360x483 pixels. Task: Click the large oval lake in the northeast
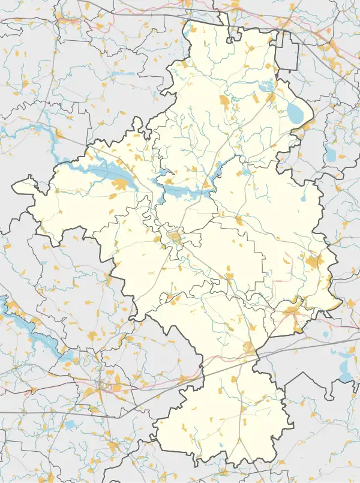pyautogui.click(x=295, y=111)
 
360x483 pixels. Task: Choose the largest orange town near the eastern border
pyautogui.click(x=314, y=262)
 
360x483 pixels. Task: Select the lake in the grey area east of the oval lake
pyautogui.click(x=331, y=155)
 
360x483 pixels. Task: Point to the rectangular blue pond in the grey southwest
pyautogui.click(x=70, y=424)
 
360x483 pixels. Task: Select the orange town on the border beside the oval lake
pyautogui.click(x=308, y=126)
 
